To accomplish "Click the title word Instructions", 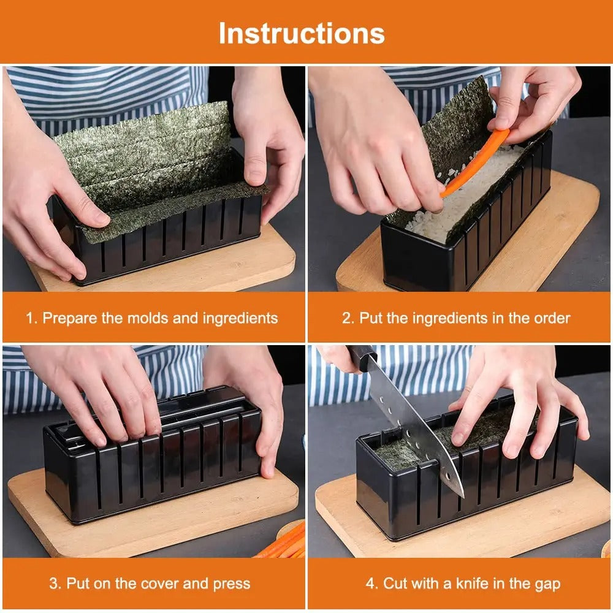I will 302,32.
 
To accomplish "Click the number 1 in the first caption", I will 29,318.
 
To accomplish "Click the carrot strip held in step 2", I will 475,162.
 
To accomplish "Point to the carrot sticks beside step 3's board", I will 285,543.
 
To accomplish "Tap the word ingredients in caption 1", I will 240,318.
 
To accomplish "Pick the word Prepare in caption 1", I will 66,318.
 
